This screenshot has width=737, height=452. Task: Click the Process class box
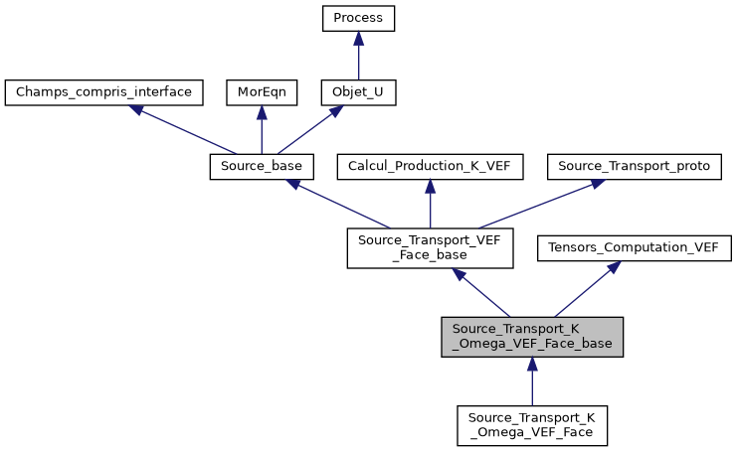[x=358, y=18]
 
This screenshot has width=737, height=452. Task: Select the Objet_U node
[x=358, y=92]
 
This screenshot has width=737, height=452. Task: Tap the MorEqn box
[x=262, y=92]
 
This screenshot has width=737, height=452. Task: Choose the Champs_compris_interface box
[x=104, y=92]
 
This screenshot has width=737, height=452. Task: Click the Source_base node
[x=262, y=167]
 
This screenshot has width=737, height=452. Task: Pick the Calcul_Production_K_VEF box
[x=430, y=167]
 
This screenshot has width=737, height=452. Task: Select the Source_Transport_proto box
[x=635, y=167]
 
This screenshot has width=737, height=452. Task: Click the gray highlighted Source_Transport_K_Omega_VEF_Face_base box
[x=532, y=338]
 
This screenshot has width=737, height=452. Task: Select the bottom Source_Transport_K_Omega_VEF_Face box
[x=532, y=424]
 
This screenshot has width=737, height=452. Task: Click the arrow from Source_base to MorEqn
[x=262, y=129]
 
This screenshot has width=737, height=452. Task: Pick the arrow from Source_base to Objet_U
[x=309, y=130]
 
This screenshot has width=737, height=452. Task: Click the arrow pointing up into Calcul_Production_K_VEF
[x=430, y=204]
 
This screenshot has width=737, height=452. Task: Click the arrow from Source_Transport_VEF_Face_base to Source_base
[x=338, y=204]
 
